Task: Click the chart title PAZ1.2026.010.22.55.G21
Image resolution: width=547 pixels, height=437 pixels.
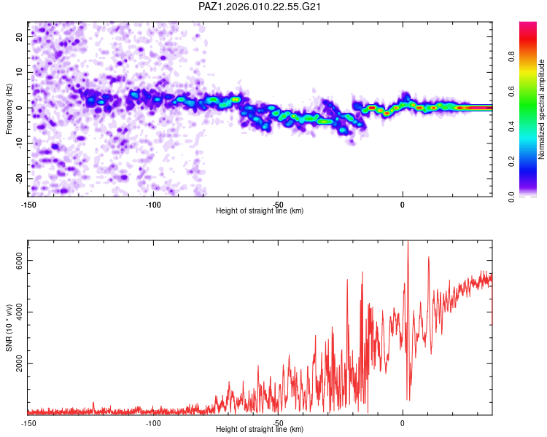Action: (260, 7)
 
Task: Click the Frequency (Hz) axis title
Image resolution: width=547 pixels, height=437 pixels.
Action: (9, 109)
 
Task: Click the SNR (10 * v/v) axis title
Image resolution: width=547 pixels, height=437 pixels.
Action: (9, 327)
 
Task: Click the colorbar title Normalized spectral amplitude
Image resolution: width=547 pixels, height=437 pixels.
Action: (541, 109)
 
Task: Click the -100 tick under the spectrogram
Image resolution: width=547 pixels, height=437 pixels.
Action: (153, 205)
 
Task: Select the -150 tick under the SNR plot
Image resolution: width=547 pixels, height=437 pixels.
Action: (28, 423)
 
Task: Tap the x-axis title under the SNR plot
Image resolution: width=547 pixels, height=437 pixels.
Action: (260, 430)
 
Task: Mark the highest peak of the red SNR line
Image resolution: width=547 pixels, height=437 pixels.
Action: (408, 243)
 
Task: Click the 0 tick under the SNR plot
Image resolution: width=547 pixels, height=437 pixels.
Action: (403, 423)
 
